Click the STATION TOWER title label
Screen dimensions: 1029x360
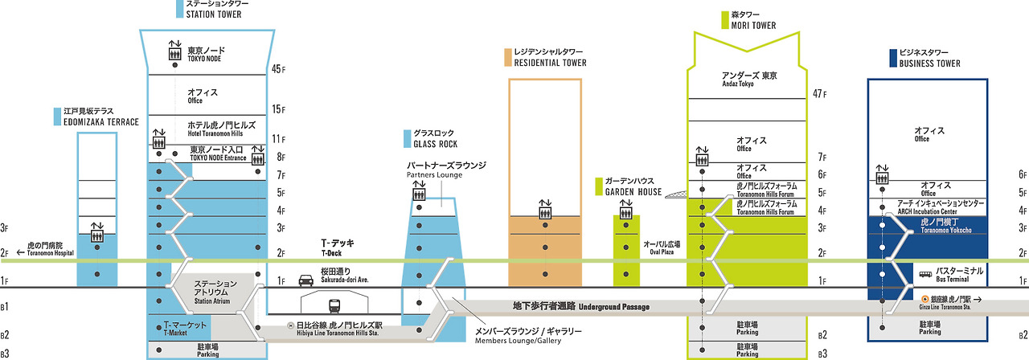click(x=213, y=10)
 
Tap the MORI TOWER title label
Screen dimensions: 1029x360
click(x=752, y=20)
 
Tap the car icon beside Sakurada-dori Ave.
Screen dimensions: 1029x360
click(x=306, y=280)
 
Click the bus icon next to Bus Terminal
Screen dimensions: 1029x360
click(x=925, y=273)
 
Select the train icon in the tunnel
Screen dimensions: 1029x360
click(x=334, y=305)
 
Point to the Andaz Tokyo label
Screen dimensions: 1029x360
click(x=749, y=80)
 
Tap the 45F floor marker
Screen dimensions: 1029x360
click(x=279, y=69)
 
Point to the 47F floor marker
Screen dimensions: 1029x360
click(x=820, y=93)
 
